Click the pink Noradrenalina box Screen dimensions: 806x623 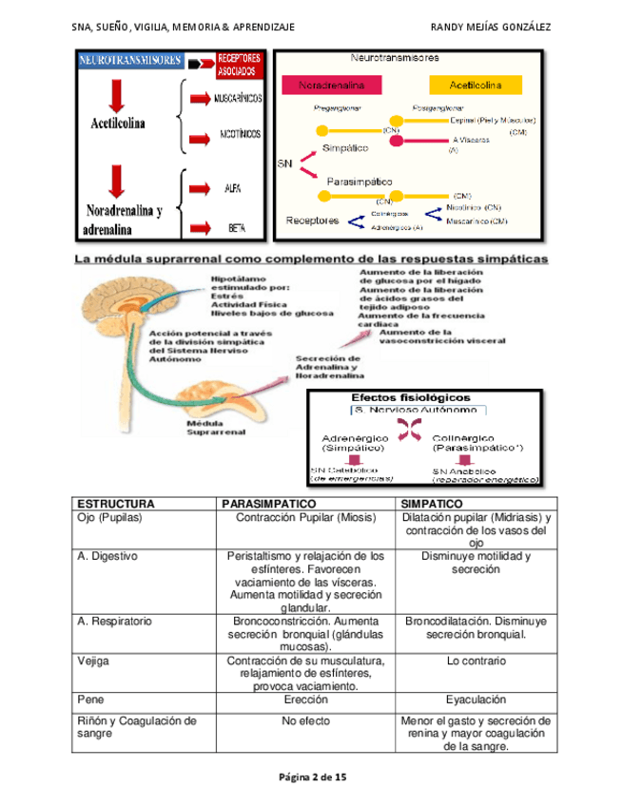339,85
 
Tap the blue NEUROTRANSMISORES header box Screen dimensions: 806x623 131,60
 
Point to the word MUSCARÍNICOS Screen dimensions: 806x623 237,99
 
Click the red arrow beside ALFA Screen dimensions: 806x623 201,188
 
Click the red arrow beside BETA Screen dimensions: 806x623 201,228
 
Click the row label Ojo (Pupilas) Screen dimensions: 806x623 110,517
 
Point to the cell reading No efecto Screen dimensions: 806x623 305,721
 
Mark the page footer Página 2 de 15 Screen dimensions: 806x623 312,777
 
